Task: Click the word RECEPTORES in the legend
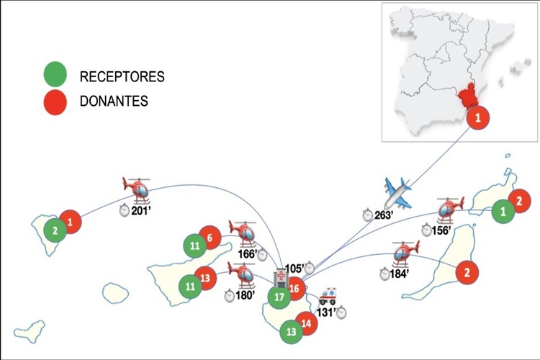point(122,76)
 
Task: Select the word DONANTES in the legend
point(114,102)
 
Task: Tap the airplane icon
point(397,193)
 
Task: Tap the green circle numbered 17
point(279,296)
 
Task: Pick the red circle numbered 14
point(307,323)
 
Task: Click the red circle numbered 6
point(209,238)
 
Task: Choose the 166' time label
point(248,253)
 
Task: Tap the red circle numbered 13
point(206,277)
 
